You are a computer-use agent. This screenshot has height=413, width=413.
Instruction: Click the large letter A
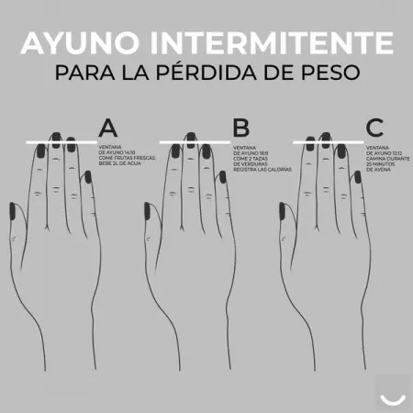(108, 128)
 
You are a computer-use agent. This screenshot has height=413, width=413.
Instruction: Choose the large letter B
(241, 128)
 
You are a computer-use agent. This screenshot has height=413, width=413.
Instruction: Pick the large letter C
(374, 128)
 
